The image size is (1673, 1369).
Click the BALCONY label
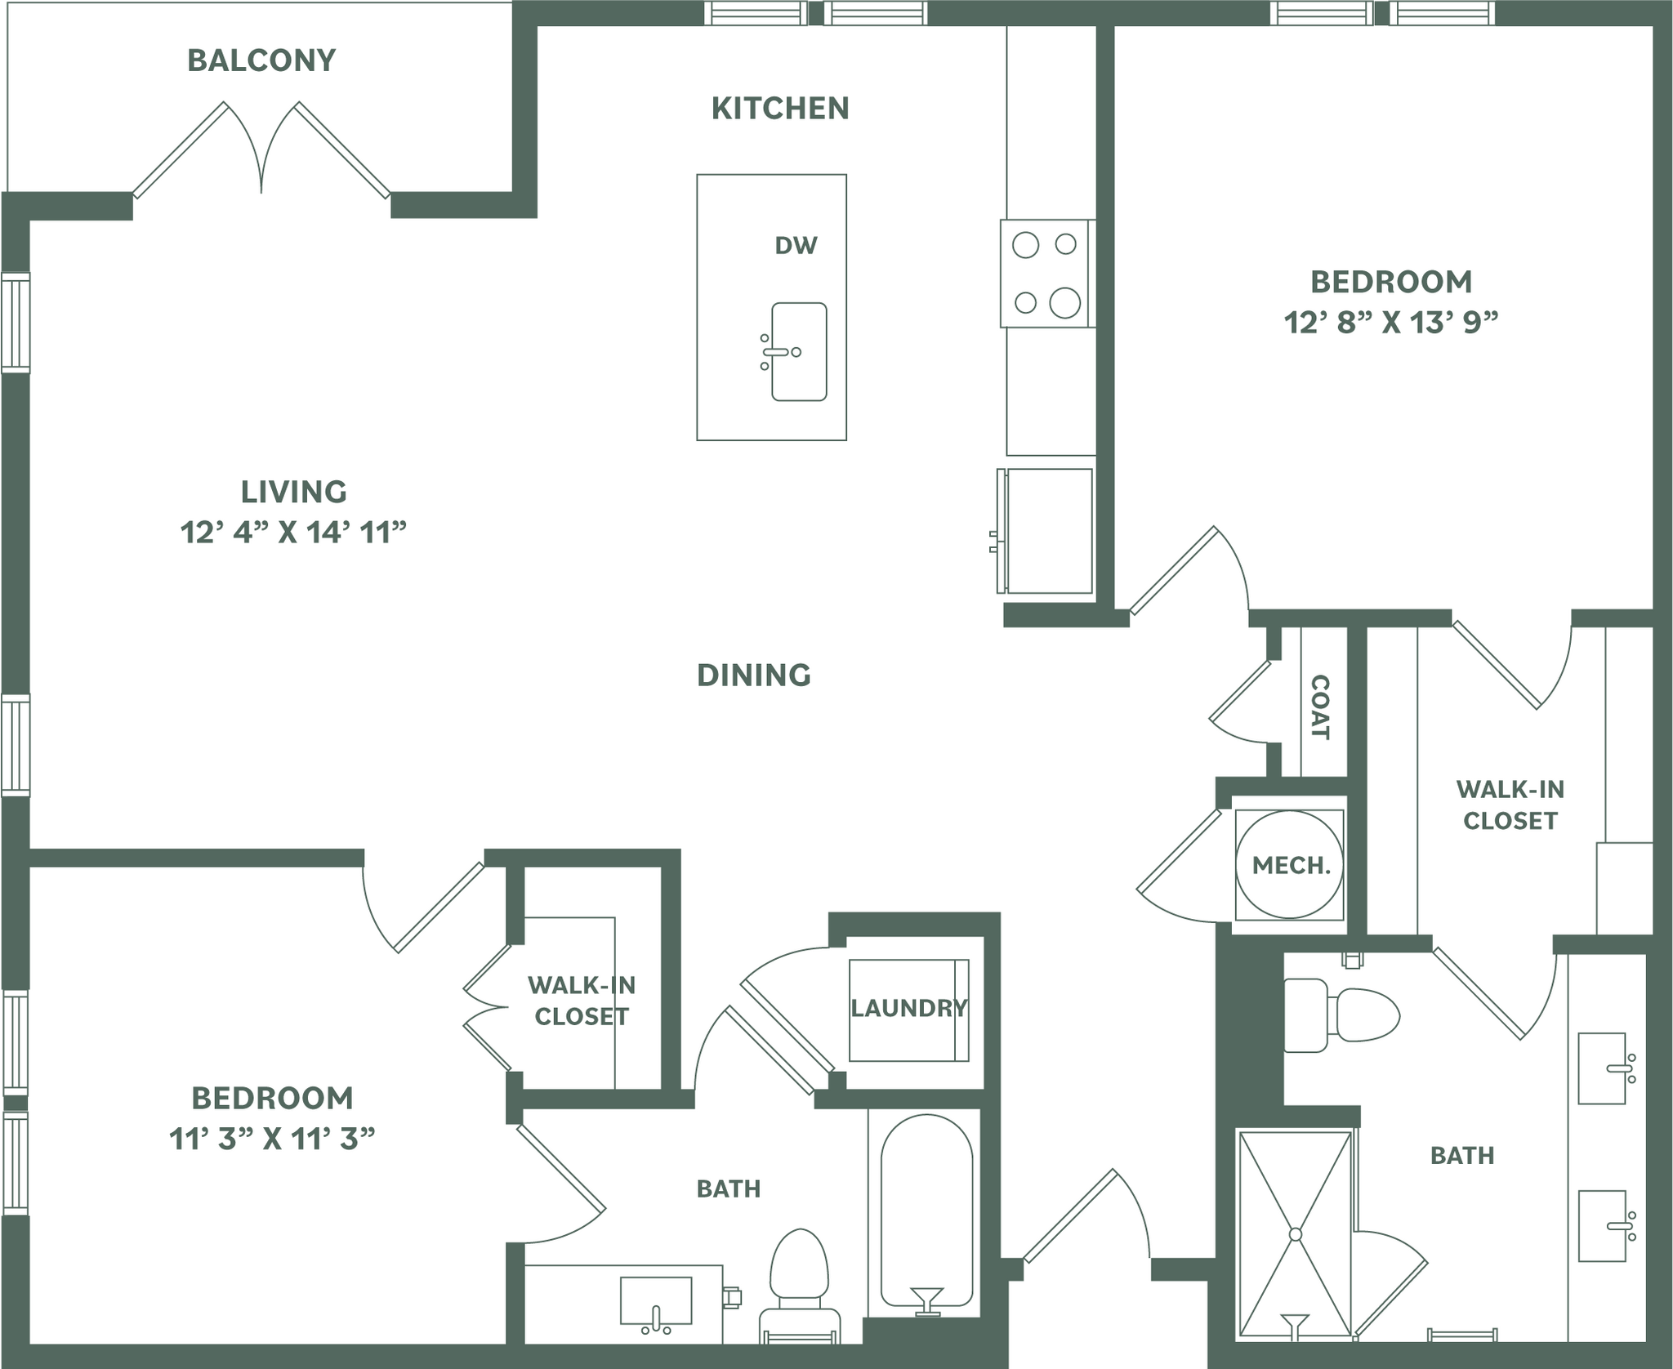pos(261,60)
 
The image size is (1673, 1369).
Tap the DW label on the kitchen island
pos(796,245)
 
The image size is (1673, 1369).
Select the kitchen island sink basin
pos(799,352)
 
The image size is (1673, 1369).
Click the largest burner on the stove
pos(1064,303)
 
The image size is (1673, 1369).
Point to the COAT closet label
pos(1319,707)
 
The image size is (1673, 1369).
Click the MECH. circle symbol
pos(1290,864)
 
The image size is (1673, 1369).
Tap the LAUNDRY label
pos(908,1008)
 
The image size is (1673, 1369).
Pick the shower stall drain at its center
pos(1295,1233)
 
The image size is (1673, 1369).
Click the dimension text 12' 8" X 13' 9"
pos(1391,323)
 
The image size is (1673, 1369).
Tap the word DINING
pos(753,675)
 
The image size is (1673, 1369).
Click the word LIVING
pos(294,492)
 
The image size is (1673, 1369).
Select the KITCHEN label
pos(780,108)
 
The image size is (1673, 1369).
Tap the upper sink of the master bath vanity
pos(1602,1068)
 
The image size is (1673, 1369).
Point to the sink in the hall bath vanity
pos(655,1300)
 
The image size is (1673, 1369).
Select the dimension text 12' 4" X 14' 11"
pos(293,533)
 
